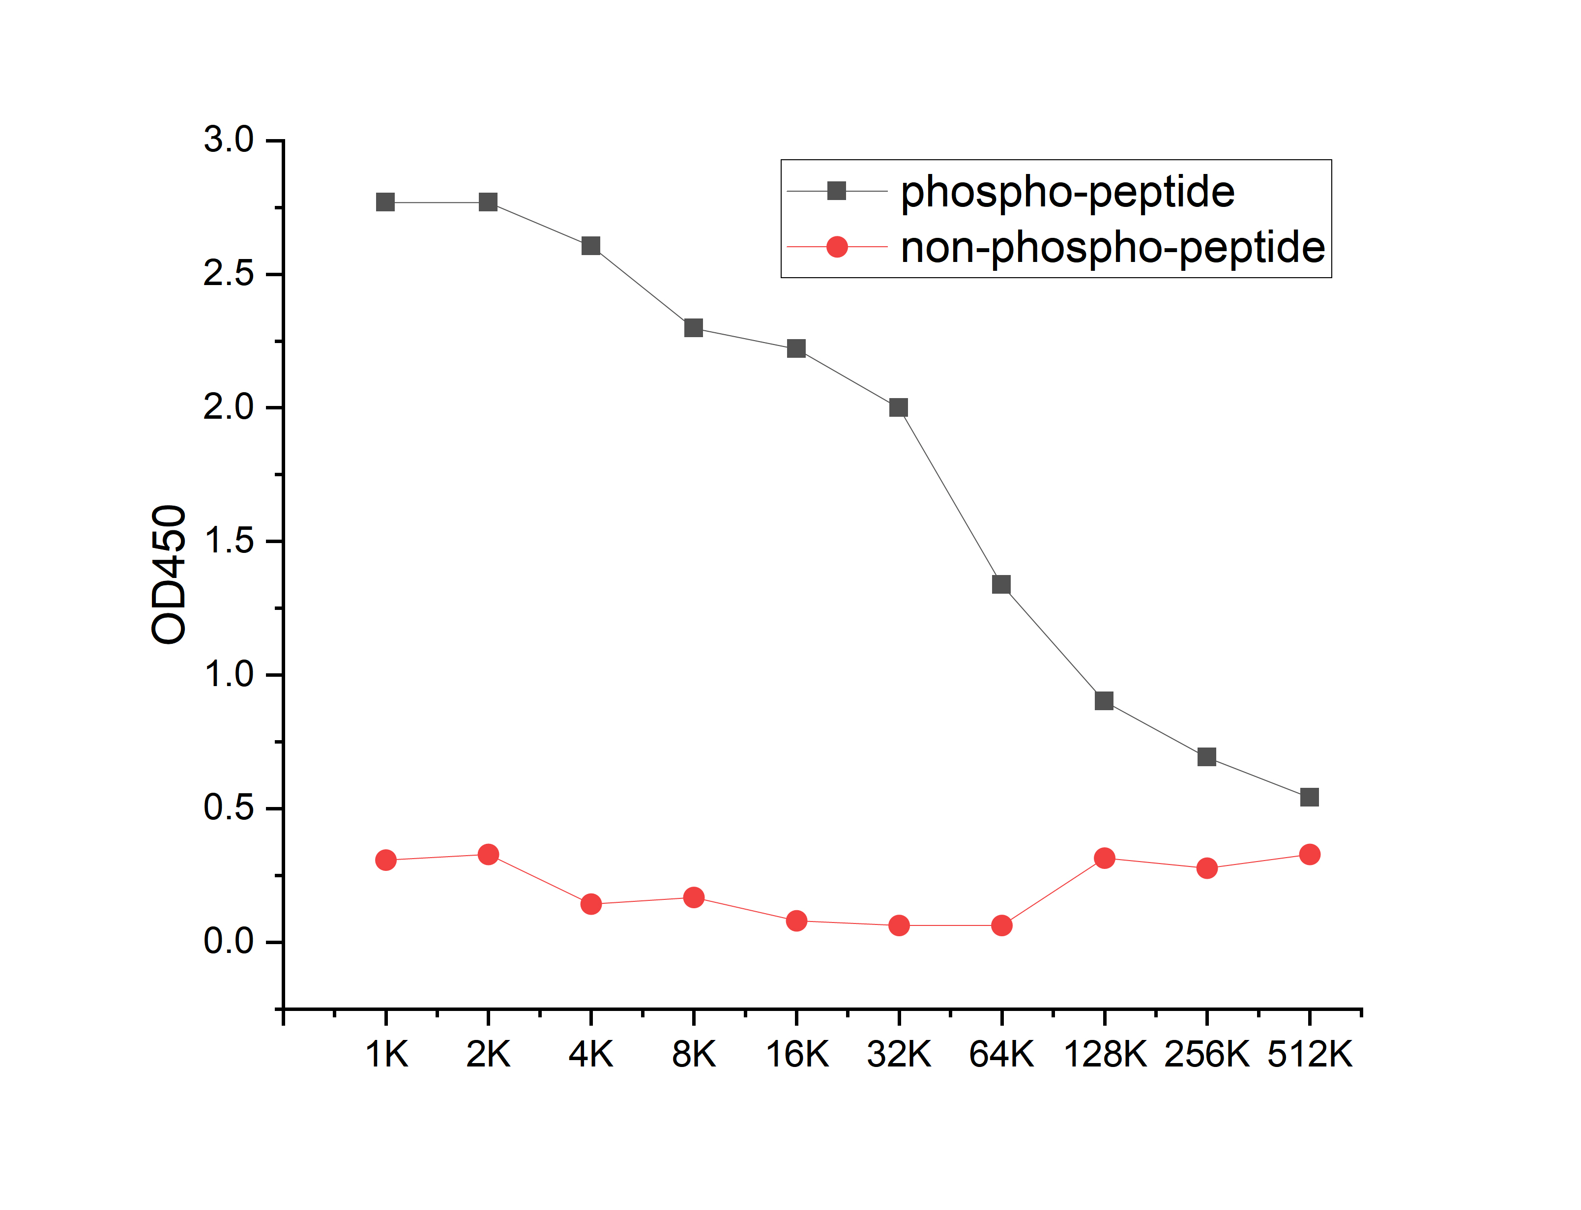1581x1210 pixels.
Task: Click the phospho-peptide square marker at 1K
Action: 385,202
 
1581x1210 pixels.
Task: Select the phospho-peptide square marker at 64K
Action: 1001,584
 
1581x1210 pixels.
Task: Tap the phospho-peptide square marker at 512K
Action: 1310,797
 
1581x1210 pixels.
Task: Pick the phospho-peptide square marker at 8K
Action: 694,328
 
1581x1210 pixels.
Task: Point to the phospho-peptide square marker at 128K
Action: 1104,701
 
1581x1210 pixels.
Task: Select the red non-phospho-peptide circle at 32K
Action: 899,925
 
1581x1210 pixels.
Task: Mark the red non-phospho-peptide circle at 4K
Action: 590,904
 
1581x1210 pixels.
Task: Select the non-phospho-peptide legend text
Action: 1113,249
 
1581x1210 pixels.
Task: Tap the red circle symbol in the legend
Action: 837,247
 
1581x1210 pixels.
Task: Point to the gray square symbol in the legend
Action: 837,191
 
